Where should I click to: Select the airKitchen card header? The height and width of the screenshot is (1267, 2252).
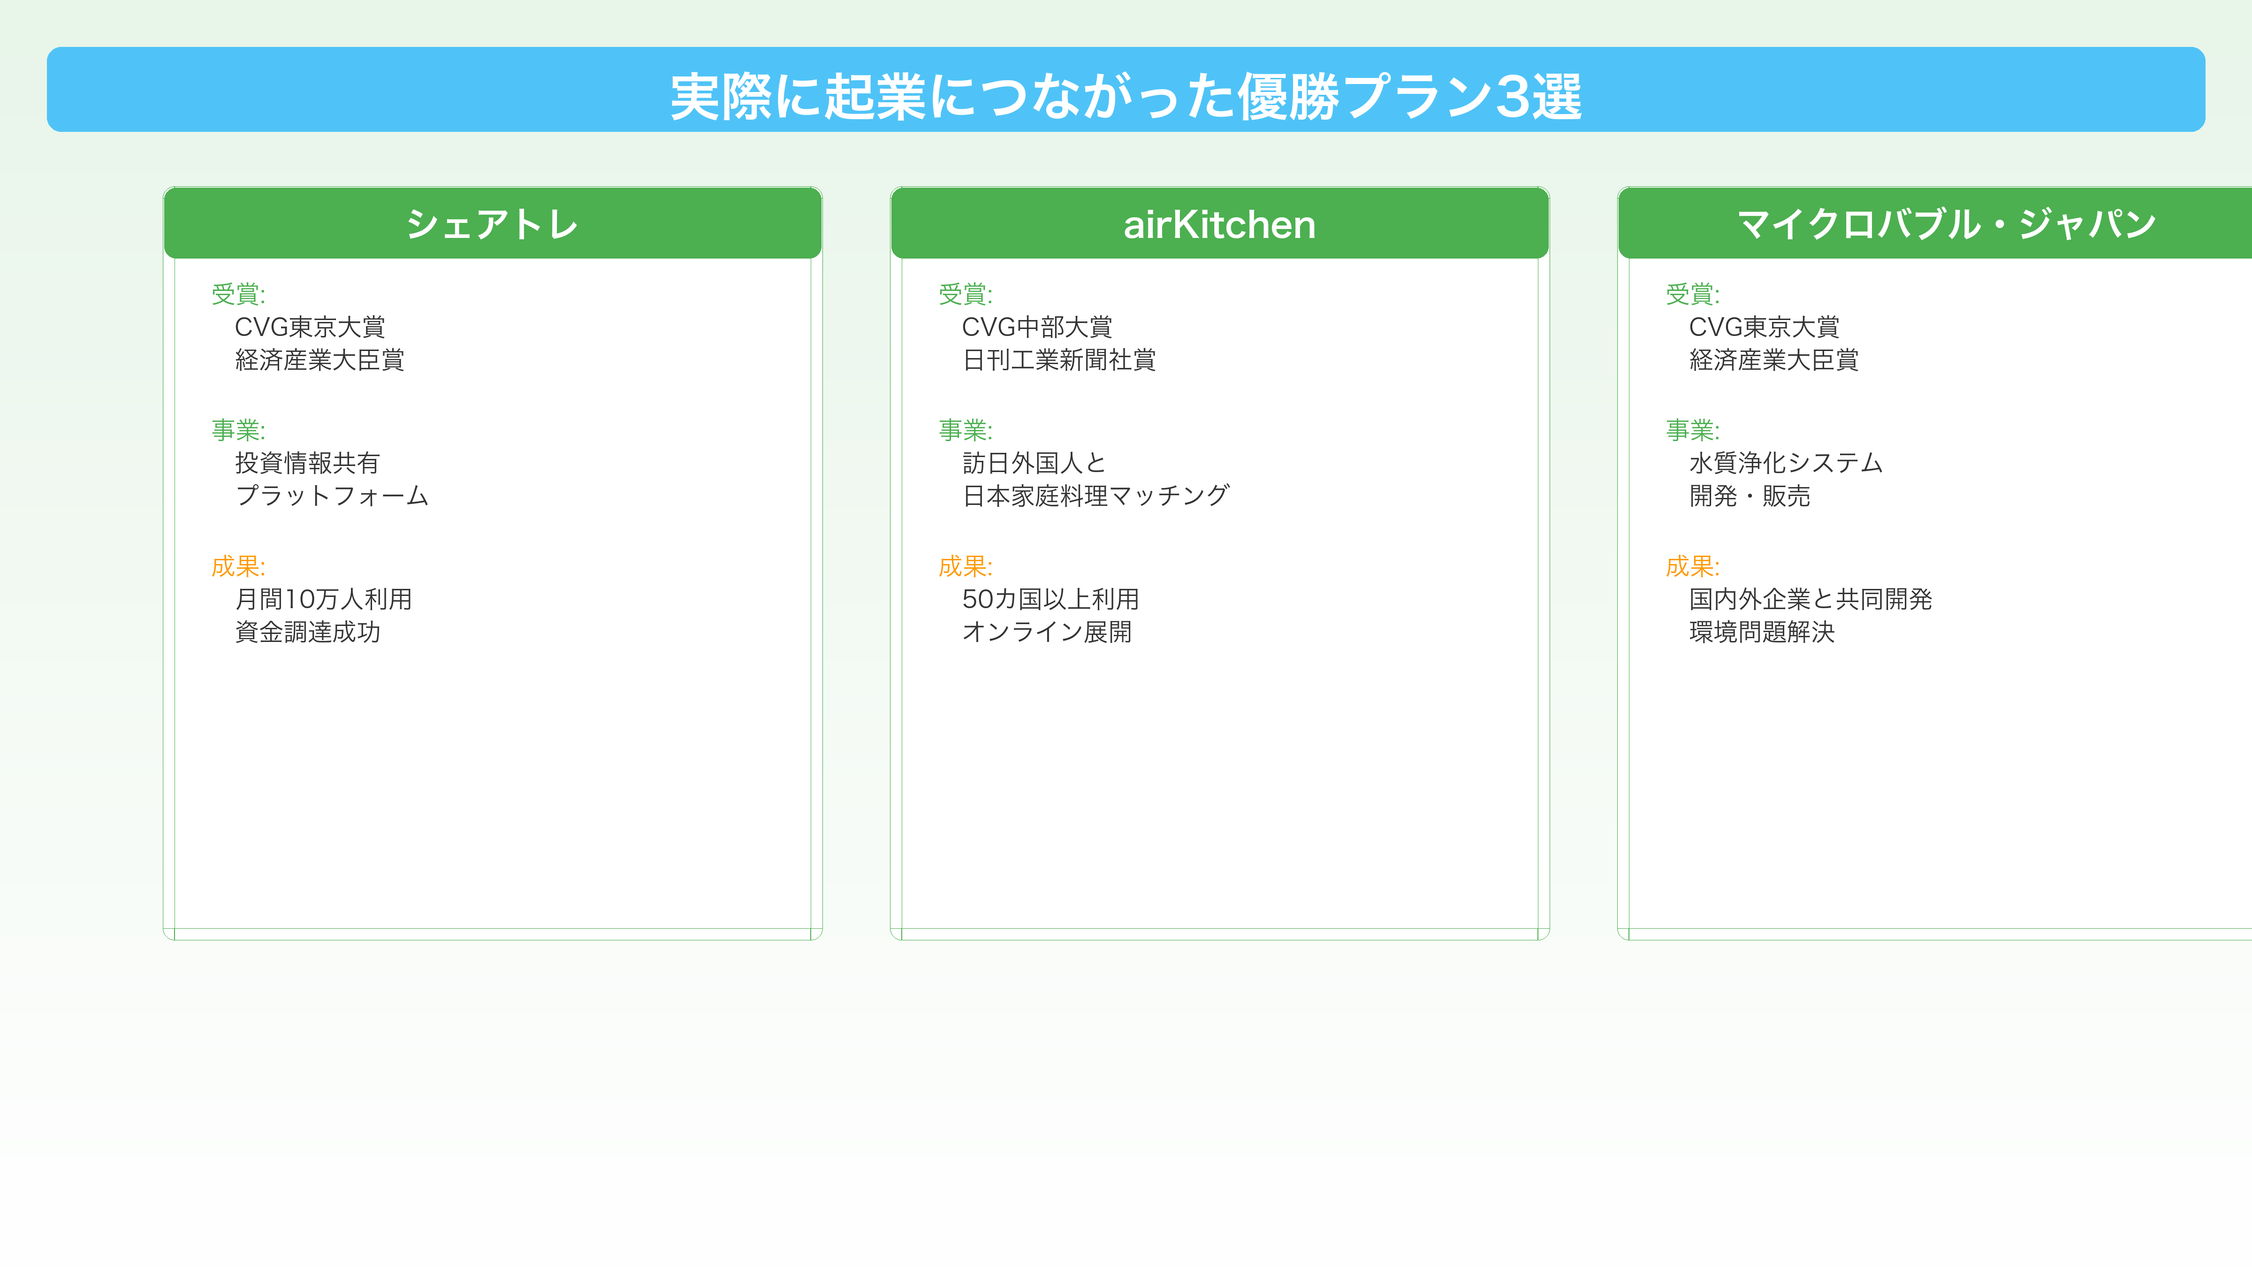1219,225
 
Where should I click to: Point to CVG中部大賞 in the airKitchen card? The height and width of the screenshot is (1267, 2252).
1037,327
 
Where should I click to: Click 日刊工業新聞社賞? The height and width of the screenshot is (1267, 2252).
1059,359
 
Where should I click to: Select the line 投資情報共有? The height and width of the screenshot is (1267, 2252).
307,463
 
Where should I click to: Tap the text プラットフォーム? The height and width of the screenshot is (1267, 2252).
331,496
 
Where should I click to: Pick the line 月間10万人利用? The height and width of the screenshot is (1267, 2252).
323,599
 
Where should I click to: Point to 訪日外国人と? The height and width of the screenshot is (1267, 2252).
1034,463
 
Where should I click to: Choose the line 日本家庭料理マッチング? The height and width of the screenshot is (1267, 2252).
1096,496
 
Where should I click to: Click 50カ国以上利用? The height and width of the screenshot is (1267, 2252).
1050,599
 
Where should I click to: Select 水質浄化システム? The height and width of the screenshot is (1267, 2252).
1785,463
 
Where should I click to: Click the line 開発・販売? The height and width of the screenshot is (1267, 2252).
1750,496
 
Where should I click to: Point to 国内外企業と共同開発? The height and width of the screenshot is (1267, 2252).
1810,599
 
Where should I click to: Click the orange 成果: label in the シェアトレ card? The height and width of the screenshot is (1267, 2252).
238,566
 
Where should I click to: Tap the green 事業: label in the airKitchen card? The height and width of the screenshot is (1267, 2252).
965,430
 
